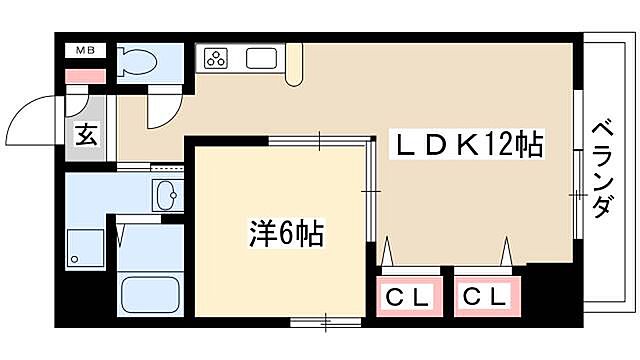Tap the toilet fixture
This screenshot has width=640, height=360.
139,62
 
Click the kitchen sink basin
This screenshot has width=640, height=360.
262,58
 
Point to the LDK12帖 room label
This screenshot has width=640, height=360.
465,146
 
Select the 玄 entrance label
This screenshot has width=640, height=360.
86,133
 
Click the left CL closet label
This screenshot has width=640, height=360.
408,296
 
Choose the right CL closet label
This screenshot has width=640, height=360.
486,296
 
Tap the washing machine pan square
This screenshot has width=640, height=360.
84,248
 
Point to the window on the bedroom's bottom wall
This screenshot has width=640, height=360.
325,322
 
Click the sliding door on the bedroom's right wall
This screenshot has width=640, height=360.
369,190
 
